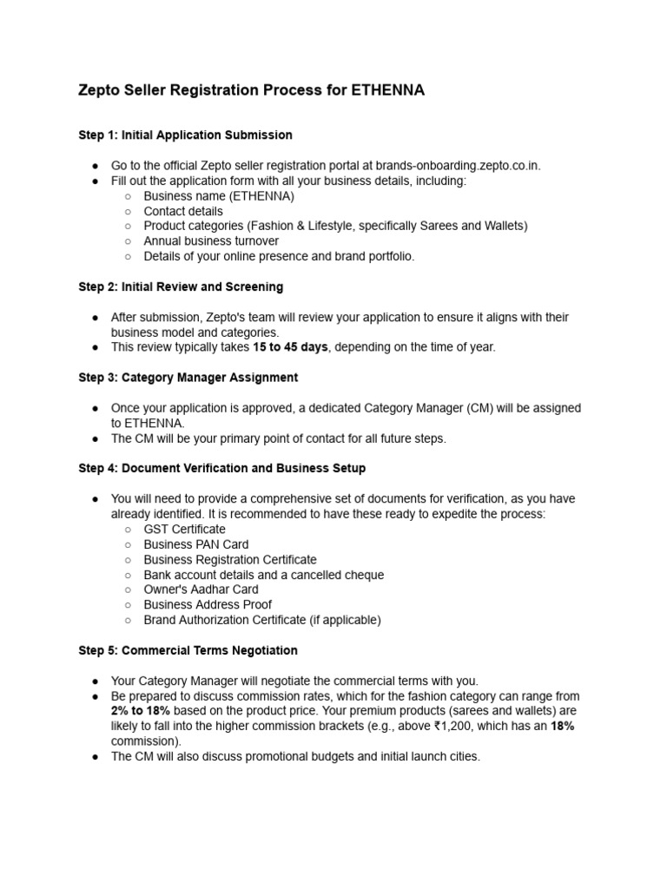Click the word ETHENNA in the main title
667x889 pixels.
coord(387,90)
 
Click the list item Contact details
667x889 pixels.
coord(183,211)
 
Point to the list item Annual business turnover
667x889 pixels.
coord(211,241)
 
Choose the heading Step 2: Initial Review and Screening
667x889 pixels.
coord(181,286)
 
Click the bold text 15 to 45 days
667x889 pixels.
coord(290,347)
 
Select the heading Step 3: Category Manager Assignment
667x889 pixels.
coord(188,378)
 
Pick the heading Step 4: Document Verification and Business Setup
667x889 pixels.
coord(221,469)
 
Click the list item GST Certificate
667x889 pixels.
coord(184,530)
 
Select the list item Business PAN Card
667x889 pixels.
coord(195,544)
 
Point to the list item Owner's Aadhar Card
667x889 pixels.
coord(201,589)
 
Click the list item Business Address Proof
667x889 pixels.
coord(208,605)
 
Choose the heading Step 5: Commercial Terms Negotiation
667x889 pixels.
coord(188,650)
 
